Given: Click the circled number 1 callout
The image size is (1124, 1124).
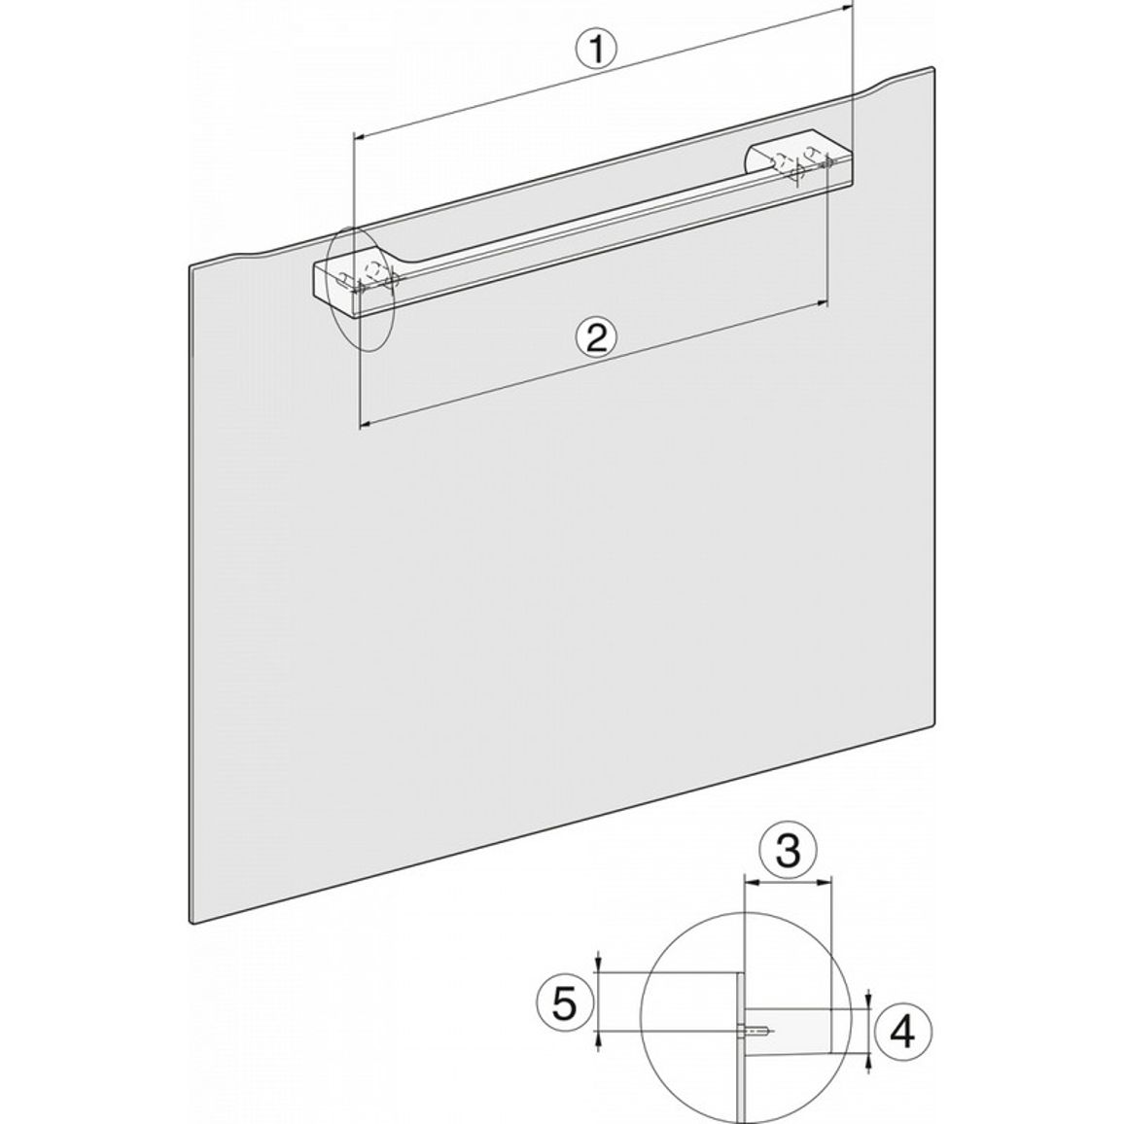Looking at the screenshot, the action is pos(595,52).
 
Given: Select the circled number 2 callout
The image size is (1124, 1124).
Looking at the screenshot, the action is pos(596,337).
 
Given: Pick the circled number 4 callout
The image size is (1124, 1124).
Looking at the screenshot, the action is pos(902,1033).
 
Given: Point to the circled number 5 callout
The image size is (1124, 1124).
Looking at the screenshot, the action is pos(566,1002).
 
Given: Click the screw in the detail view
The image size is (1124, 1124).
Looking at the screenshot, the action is pos(755,1033).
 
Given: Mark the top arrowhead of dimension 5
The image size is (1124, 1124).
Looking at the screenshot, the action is pos(598,966).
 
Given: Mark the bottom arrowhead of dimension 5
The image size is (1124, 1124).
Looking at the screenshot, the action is pos(598,1039).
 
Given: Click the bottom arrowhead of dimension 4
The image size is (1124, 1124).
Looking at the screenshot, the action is pos(869,1061).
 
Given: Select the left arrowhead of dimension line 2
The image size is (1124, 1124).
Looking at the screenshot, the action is pos(366,425).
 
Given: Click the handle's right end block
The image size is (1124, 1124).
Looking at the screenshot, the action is pos(799,159).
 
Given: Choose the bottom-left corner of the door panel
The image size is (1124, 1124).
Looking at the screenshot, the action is pos(192,922).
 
